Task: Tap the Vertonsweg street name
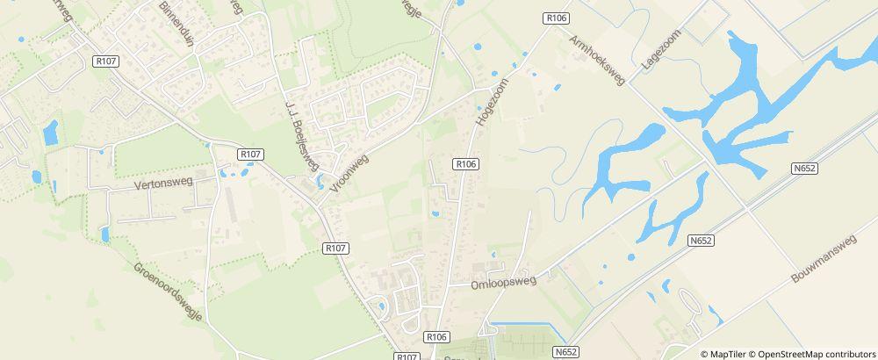click(x=162, y=185)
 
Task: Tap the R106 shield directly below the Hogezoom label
click(x=466, y=163)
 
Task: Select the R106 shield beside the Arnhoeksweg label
click(x=555, y=18)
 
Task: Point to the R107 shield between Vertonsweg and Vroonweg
click(x=250, y=154)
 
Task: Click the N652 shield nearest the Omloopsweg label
click(x=565, y=351)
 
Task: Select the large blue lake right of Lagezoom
click(x=755, y=97)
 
